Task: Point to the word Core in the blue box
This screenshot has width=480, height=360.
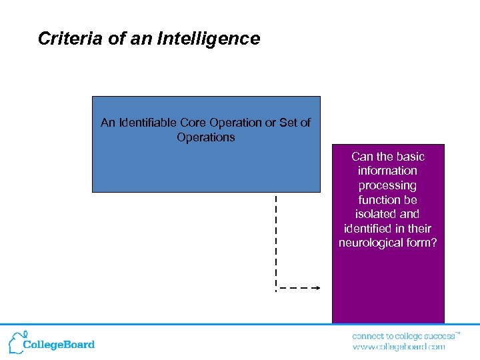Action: coord(194,123)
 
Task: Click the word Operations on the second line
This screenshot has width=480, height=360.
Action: coord(205,137)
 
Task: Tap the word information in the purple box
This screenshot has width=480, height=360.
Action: coord(387,171)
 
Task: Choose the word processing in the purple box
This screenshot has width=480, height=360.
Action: coord(387,185)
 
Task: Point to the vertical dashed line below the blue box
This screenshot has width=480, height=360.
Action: coord(276,240)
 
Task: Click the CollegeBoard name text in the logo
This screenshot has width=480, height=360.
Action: coord(59,345)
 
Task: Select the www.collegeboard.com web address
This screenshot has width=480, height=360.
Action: coord(399,347)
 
